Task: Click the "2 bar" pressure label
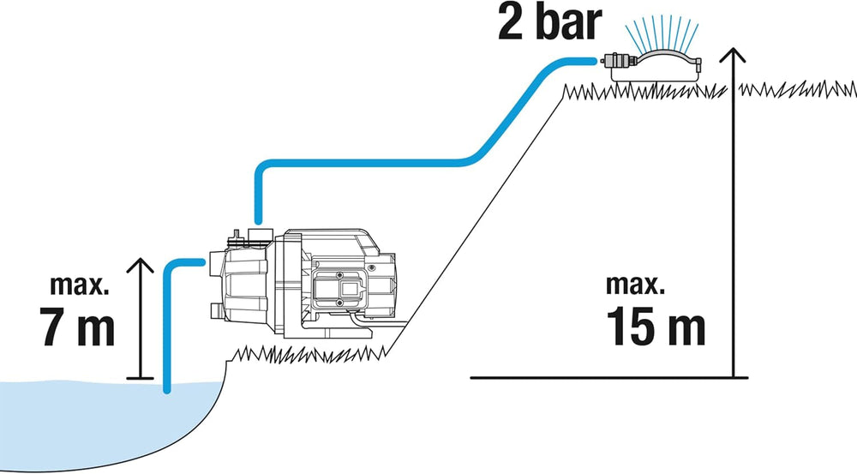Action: (x=546, y=23)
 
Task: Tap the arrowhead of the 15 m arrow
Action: (x=733, y=57)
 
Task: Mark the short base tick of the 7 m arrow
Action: (x=139, y=377)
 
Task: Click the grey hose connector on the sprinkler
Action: (x=614, y=61)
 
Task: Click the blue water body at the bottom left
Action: (x=86, y=429)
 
